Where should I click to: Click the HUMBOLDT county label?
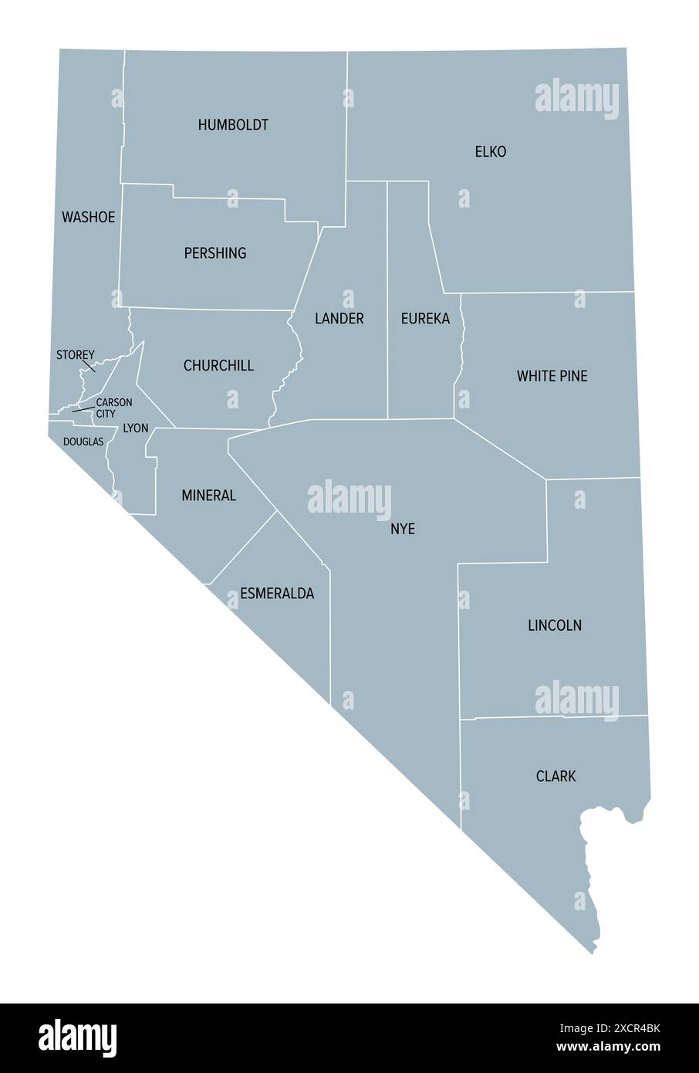click(233, 124)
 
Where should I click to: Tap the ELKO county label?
click(491, 152)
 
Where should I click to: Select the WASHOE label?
click(88, 217)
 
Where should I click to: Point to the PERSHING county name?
click(215, 253)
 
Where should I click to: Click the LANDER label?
click(339, 318)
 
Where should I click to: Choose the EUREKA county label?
click(425, 318)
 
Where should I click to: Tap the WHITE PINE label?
click(552, 376)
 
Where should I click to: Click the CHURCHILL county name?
click(218, 365)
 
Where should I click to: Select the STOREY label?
click(76, 355)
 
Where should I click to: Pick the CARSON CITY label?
click(114, 408)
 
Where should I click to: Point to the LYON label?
click(136, 428)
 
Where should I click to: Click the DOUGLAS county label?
click(83, 442)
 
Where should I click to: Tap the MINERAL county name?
click(208, 496)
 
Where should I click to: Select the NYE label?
click(403, 529)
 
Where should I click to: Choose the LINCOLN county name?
click(555, 625)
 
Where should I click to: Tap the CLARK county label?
click(555, 776)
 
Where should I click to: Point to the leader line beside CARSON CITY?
click(83, 409)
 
